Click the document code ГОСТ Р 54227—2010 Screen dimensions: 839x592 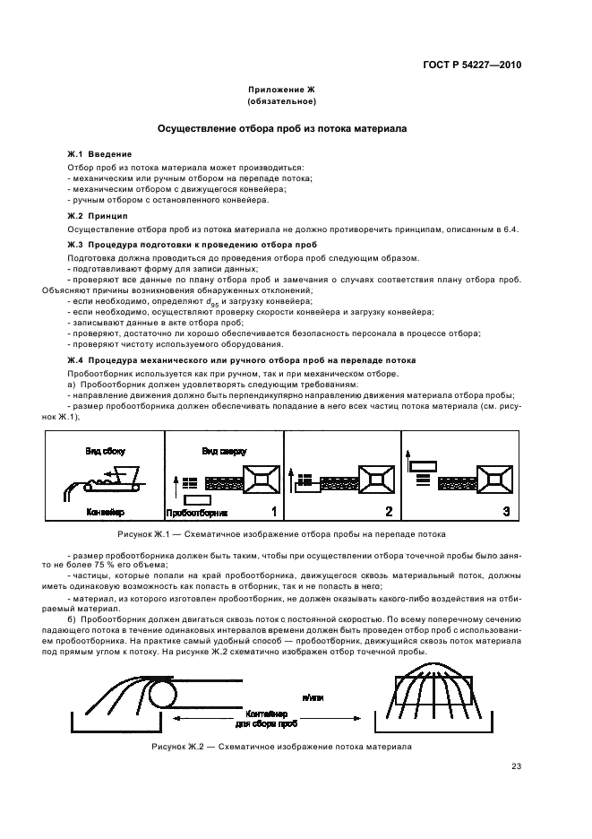(479, 65)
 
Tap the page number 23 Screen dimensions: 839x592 (516, 765)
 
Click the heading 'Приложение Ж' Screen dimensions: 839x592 (282, 91)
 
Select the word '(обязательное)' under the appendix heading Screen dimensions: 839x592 (282, 102)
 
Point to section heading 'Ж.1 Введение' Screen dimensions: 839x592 (99, 154)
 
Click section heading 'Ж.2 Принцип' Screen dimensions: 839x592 (98, 217)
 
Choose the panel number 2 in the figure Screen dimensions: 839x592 (389, 512)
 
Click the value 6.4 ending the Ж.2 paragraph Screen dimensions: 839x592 (511, 230)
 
